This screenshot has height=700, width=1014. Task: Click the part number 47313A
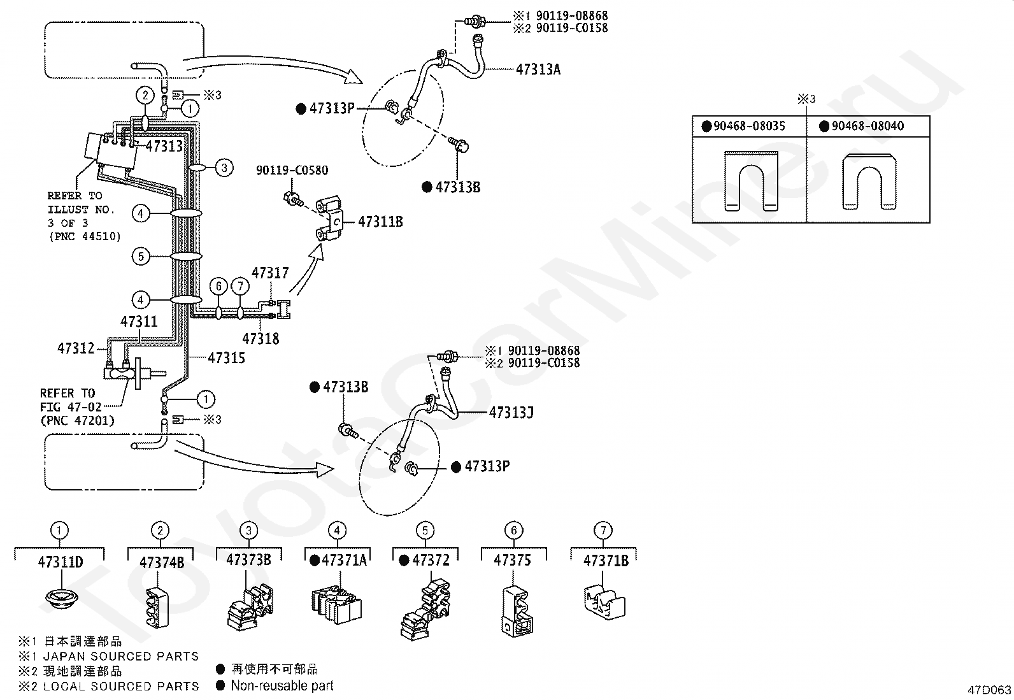click(x=538, y=69)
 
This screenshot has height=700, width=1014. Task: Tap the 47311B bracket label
click(x=380, y=222)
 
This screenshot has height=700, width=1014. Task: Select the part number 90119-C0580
click(x=292, y=170)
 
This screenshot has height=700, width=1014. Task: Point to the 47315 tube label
click(x=226, y=358)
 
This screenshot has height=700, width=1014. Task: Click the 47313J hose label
click(x=511, y=413)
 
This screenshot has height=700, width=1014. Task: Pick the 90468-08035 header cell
click(x=749, y=126)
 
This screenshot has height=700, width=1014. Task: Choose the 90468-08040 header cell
click(x=868, y=126)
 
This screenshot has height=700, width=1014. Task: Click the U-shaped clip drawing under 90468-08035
click(x=752, y=181)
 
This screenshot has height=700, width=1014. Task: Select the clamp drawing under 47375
click(x=517, y=611)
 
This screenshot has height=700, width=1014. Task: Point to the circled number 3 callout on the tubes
click(x=224, y=168)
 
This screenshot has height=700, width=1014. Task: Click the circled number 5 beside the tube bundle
click(x=141, y=256)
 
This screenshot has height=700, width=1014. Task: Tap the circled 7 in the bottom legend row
click(x=603, y=530)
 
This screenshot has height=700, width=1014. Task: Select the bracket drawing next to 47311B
click(x=329, y=218)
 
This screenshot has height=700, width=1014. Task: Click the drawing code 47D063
click(x=989, y=690)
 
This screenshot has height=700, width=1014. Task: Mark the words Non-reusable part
click(x=282, y=685)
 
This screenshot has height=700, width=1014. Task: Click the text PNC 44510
click(x=85, y=236)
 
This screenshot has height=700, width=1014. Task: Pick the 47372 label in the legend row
click(x=431, y=560)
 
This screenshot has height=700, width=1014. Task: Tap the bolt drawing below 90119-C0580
click(x=294, y=199)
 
